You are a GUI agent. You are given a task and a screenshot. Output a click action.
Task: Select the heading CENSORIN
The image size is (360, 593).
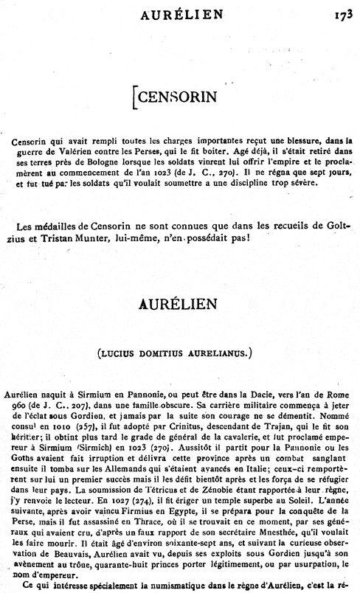[x=173, y=96]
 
